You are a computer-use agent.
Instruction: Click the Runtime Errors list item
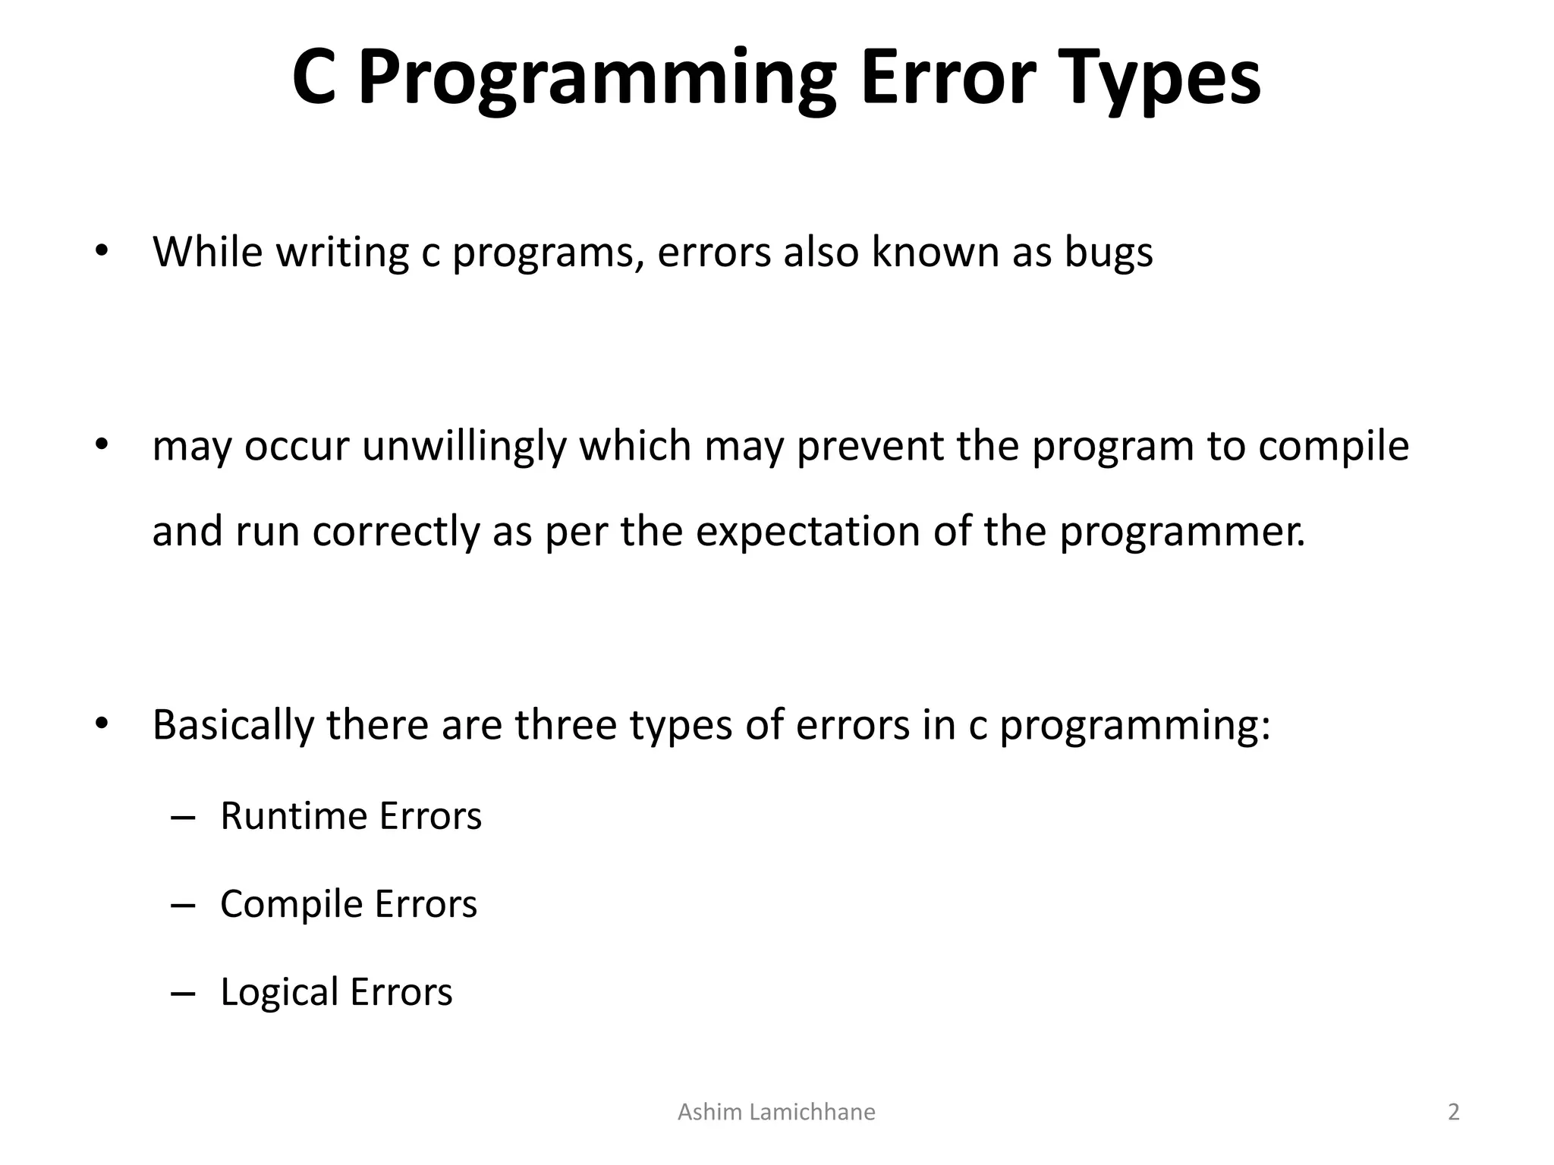click(x=351, y=816)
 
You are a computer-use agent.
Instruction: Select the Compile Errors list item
click(x=348, y=904)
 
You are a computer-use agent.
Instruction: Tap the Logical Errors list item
click(x=336, y=992)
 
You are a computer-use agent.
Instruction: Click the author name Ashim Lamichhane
click(x=775, y=1112)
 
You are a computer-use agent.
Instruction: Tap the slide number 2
click(x=1453, y=1112)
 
